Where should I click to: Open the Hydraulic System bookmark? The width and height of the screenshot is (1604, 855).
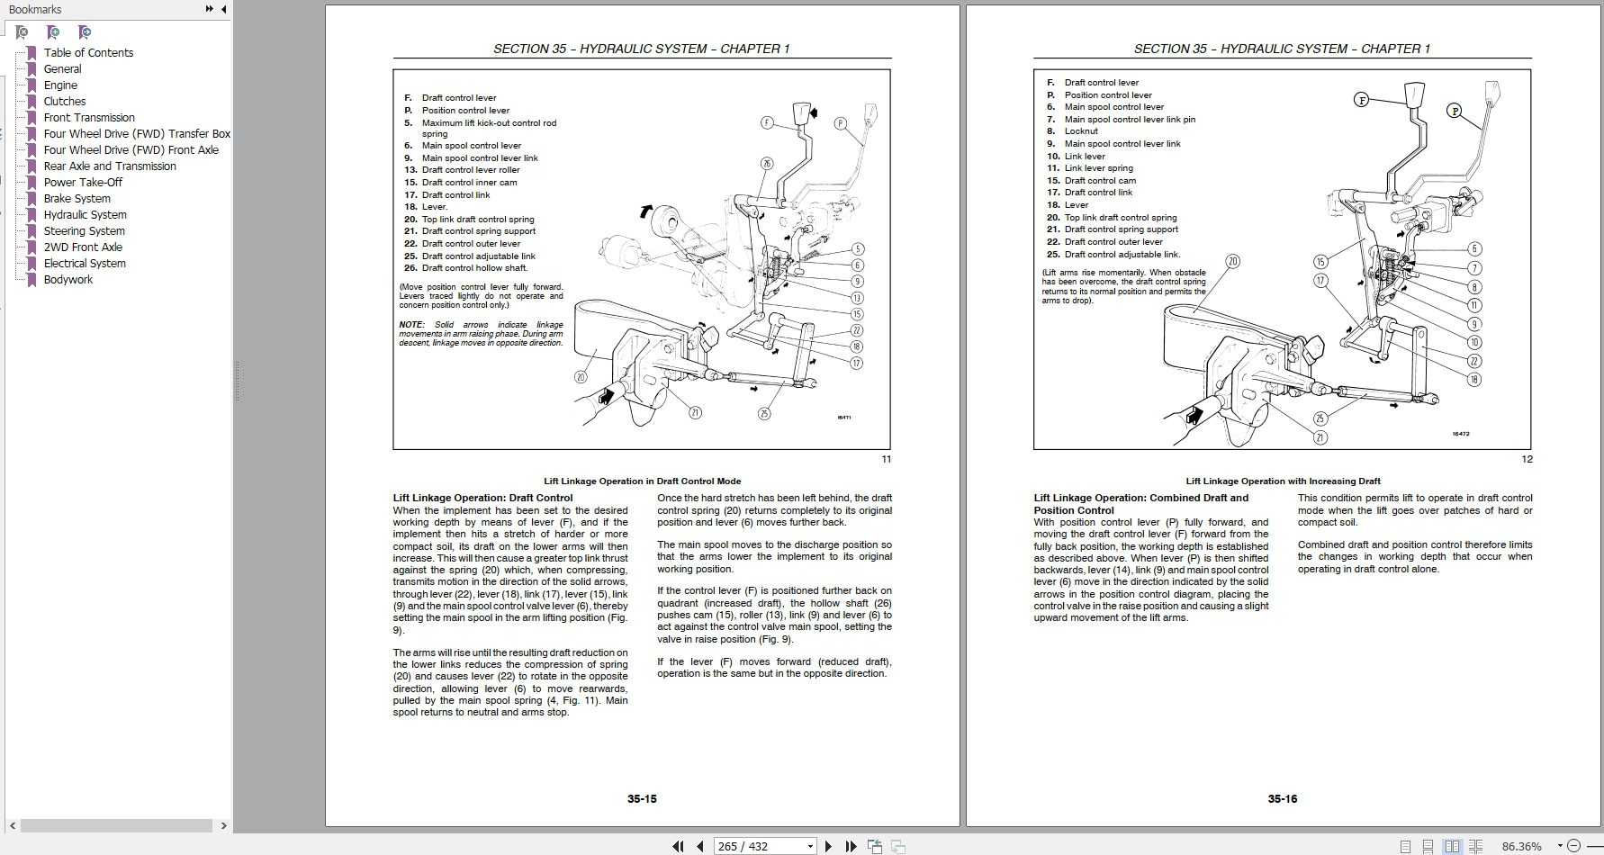(x=85, y=214)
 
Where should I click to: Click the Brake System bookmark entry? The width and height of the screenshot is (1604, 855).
(x=77, y=198)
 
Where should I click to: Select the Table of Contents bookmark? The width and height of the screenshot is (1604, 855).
(x=88, y=52)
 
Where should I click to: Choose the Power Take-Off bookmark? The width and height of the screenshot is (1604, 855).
(x=83, y=182)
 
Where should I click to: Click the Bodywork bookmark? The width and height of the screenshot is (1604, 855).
(x=68, y=279)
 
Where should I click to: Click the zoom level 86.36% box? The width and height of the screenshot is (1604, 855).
(x=1521, y=846)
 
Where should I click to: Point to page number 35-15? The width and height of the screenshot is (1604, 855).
(x=642, y=798)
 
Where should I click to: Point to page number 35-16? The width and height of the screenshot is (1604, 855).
(x=1282, y=798)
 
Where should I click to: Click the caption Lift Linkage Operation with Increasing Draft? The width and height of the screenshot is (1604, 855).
(x=1283, y=481)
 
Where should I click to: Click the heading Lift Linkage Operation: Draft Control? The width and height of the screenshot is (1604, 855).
(x=482, y=498)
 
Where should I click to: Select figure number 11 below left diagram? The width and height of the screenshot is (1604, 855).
(x=886, y=459)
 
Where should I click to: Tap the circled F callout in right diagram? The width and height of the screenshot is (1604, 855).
(x=1362, y=100)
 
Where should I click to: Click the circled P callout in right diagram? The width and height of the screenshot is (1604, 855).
(x=1455, y=111)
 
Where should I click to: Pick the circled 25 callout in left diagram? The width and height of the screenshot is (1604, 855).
(x=764, y=413)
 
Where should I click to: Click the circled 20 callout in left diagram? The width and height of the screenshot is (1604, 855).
(x=581, y=377)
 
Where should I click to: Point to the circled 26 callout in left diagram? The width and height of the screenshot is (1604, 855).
(x=766, y=164)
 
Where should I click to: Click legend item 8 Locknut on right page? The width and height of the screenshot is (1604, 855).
(x=1081, y=131)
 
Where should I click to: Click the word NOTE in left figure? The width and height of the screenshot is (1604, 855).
(x=411, y=325)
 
